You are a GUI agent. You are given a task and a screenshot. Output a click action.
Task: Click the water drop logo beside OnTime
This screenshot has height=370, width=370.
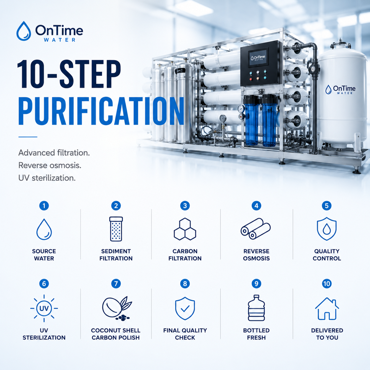(x=24, y=31)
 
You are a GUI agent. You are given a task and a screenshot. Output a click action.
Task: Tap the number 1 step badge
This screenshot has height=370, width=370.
(x=44, y=206)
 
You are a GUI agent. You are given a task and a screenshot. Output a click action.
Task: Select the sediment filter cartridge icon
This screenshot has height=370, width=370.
(x=116, y=229)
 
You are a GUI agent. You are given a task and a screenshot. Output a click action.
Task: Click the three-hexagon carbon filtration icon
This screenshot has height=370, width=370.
(x=185, y=229)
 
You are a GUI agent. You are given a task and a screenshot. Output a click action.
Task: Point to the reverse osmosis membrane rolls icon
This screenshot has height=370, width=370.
(x=256, y=229)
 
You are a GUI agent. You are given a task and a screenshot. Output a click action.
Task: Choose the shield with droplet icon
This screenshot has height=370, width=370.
(x=327, y=229)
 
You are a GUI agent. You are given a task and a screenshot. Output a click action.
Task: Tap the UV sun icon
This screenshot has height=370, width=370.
(x=44, y=308)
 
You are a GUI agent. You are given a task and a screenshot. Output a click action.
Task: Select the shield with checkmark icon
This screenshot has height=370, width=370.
(x=185, y=308)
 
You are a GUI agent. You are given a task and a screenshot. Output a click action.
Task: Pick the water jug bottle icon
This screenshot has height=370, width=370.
(x=256, y=308)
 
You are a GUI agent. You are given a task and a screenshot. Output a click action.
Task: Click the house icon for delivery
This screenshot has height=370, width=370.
(x=327, y=309)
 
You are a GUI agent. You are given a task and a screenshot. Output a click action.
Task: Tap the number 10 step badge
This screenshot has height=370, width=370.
(x=327, y=284)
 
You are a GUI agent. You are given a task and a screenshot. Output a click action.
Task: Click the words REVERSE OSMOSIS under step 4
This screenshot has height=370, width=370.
(x=256, y=255)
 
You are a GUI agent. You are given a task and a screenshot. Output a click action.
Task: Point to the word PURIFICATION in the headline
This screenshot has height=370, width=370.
(x=101, y=111)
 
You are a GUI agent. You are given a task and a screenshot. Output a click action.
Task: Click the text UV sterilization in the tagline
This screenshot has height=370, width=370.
(x=47, y=178)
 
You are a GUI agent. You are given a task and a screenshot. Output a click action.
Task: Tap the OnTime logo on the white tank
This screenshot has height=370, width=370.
(x=340, y=90)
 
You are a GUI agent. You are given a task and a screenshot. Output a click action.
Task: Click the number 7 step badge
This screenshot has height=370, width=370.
(x=116, y=284)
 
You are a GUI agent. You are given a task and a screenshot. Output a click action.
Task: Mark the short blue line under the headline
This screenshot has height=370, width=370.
(x=28, y=137)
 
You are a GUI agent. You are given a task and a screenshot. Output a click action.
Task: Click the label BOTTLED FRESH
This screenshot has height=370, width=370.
(x=256, y=334)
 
